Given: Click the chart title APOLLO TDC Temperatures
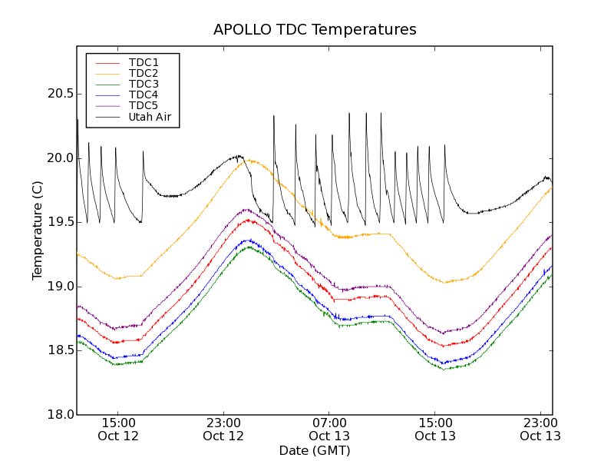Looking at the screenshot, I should [x=315, y=30].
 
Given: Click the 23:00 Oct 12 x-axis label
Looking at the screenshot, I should [x=223, y=429].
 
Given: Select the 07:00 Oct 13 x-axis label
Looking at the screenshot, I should [x=329, y=429].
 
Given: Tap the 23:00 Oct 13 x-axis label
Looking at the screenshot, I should [x=540, y=429].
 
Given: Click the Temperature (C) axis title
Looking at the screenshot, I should [x=37, y=230].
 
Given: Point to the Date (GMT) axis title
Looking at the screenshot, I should [x=315, y=451].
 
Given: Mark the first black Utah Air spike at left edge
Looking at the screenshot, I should [x=78, y=120].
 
